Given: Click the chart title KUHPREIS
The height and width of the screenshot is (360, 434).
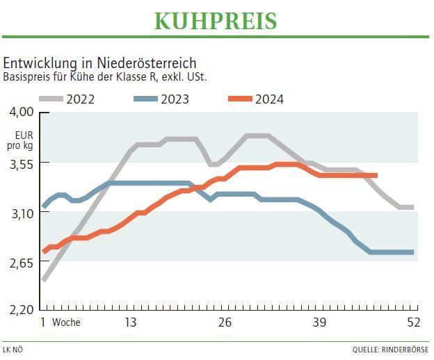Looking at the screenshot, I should tap(216, 21).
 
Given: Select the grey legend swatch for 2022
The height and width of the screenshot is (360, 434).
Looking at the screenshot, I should tap(50, 99).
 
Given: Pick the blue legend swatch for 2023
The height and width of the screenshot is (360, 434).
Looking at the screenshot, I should tap(145, 99).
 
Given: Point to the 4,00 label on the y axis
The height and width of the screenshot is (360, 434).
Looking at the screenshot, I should tap(21, 113).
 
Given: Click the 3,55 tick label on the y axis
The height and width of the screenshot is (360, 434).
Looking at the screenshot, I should tap(21, 163).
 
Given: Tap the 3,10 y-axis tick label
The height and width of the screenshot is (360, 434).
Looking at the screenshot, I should tap(21, 213).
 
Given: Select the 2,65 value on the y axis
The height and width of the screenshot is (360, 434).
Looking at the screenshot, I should tap(21, 262).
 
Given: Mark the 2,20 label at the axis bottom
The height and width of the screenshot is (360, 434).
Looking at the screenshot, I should tap(21, 309).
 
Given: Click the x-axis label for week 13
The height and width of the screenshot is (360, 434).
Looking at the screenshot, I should tap(130, 322).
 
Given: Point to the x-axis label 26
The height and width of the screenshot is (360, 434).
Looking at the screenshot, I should tap(225, 322).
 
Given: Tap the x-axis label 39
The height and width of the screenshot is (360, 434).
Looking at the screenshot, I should tap(319, 322).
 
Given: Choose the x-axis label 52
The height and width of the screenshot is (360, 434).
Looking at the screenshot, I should tap(413, 322).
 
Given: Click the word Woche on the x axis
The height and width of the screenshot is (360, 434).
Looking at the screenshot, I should tap(66, 322).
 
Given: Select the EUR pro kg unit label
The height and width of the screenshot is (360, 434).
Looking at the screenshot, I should tap(20, 140).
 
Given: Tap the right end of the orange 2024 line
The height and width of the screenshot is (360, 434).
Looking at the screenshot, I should tap(376, 175).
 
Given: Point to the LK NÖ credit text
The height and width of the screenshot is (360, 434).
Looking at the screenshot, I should tap(13, 350).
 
